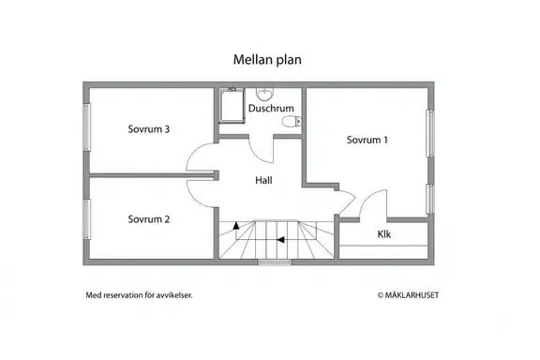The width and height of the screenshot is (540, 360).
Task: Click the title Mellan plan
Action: (267, 60)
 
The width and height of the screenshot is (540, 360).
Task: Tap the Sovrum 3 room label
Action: (149, 129)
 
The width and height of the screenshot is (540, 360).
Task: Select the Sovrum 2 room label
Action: (149, 219)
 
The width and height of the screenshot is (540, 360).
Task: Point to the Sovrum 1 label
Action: (367, 140)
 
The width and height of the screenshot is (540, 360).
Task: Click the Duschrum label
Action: (271, 108)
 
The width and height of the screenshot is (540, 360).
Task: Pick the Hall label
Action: (263, 180)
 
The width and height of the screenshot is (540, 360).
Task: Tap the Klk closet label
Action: (384, 234)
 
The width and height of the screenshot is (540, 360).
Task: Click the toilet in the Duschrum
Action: (292, 121)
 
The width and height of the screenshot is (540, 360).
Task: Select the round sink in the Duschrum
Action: (264, 92)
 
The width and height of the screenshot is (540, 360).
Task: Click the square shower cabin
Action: (232, 105)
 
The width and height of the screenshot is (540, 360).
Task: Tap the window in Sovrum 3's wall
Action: (87, 127)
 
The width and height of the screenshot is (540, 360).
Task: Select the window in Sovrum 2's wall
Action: (87, 219)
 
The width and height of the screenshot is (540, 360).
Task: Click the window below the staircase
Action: (275, 262)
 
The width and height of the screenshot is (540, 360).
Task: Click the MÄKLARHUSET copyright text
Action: (408, 295)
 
